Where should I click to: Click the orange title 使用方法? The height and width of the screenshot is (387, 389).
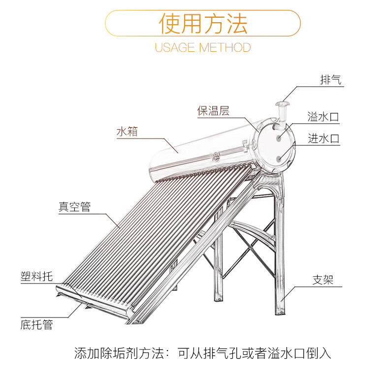(x=203, y=23)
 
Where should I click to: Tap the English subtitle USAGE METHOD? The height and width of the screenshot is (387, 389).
(x=203, y=47)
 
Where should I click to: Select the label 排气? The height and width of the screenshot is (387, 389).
(x=331, y=80)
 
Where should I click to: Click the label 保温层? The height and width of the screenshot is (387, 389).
(x=213, y=111)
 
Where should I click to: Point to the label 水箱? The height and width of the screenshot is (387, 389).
(x=127, y=132)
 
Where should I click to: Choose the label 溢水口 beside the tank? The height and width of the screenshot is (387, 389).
(x=323, y=117)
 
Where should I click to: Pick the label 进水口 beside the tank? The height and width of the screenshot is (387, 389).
(x=324, y=139)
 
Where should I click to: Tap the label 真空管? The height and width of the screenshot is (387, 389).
(x=75, y=207)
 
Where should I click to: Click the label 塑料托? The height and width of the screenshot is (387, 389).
(x=37, y=277)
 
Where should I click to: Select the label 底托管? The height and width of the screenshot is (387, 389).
(x=37, y=325)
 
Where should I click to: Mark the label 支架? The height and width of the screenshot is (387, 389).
(x=323, y=280)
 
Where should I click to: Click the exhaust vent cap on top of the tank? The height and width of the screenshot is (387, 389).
(x=282, y=104)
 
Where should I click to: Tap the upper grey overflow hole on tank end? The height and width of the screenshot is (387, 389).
(x=279, y=138)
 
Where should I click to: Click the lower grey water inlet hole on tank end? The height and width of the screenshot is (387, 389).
(x=279, y=158)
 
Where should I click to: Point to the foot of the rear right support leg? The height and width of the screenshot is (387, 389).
(x=280, y=312)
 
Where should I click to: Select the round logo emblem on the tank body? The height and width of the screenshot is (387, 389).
(x=216, y=157)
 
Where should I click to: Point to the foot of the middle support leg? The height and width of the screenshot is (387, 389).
(x=219, y=298)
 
